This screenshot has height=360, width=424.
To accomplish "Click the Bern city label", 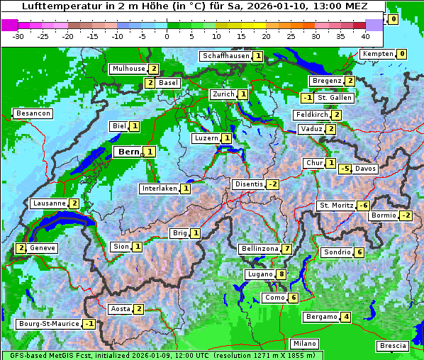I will pyautogui.click(x=129, y=152).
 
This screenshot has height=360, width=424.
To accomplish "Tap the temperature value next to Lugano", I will pyautogui.click(x=281, y=274).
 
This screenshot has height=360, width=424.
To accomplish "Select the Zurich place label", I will pyautogui.click(x=223, y=94).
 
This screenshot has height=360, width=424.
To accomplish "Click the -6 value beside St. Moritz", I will pyautogui.click(x=363, y=206).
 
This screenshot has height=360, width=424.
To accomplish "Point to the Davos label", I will pyautogui.click(x=365, y=169).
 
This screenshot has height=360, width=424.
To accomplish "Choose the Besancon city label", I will pyautogui.click(x=33, y=113).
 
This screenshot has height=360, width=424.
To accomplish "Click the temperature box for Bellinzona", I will pyautogui.click(x=286, y=249).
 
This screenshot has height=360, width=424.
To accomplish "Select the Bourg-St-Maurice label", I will pyautogui.click(x=48, y=324).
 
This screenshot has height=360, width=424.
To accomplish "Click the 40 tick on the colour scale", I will pyautogui.click(x=365, y=35).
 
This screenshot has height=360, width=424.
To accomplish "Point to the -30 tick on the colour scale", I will pyautogui.click(x=18, y=35).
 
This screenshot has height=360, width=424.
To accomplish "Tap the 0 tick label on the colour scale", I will pyautogui.click(x=167, y=35).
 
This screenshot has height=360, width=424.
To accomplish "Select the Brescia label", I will pyautogui.click(x=393, y=346).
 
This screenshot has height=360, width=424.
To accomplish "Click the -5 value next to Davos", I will pyautogui.click(x=345, y=169).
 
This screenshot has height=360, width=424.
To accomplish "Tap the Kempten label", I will pyautogui.click(x=376, y=54).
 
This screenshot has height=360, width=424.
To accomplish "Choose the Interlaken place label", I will pyautogui.click(x=158, y=189).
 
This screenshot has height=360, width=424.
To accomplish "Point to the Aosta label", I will pyautogui.click(x=120, y=309).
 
